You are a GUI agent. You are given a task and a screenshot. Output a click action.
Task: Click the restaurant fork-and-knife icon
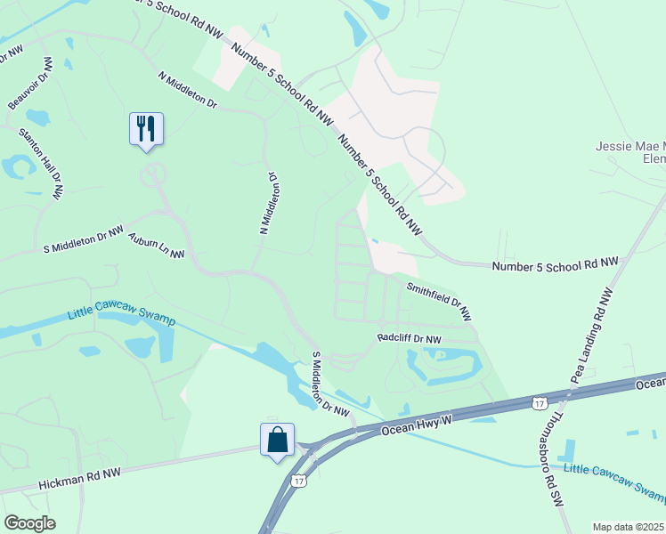click(x=145, y=129)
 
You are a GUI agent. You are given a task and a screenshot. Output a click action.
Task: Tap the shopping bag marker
click(x=277, y=440)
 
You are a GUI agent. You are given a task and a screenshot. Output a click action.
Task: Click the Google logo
click(x=29, y=523)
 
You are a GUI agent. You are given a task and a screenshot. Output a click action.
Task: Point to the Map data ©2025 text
click(x=628, y=527)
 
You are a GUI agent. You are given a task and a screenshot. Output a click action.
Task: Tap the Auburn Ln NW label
click(x=156, y=247)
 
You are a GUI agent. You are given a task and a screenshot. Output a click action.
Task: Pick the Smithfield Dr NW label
click(x=438, y=302)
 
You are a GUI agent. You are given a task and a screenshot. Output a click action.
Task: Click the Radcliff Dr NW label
click(x=409, y=339)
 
